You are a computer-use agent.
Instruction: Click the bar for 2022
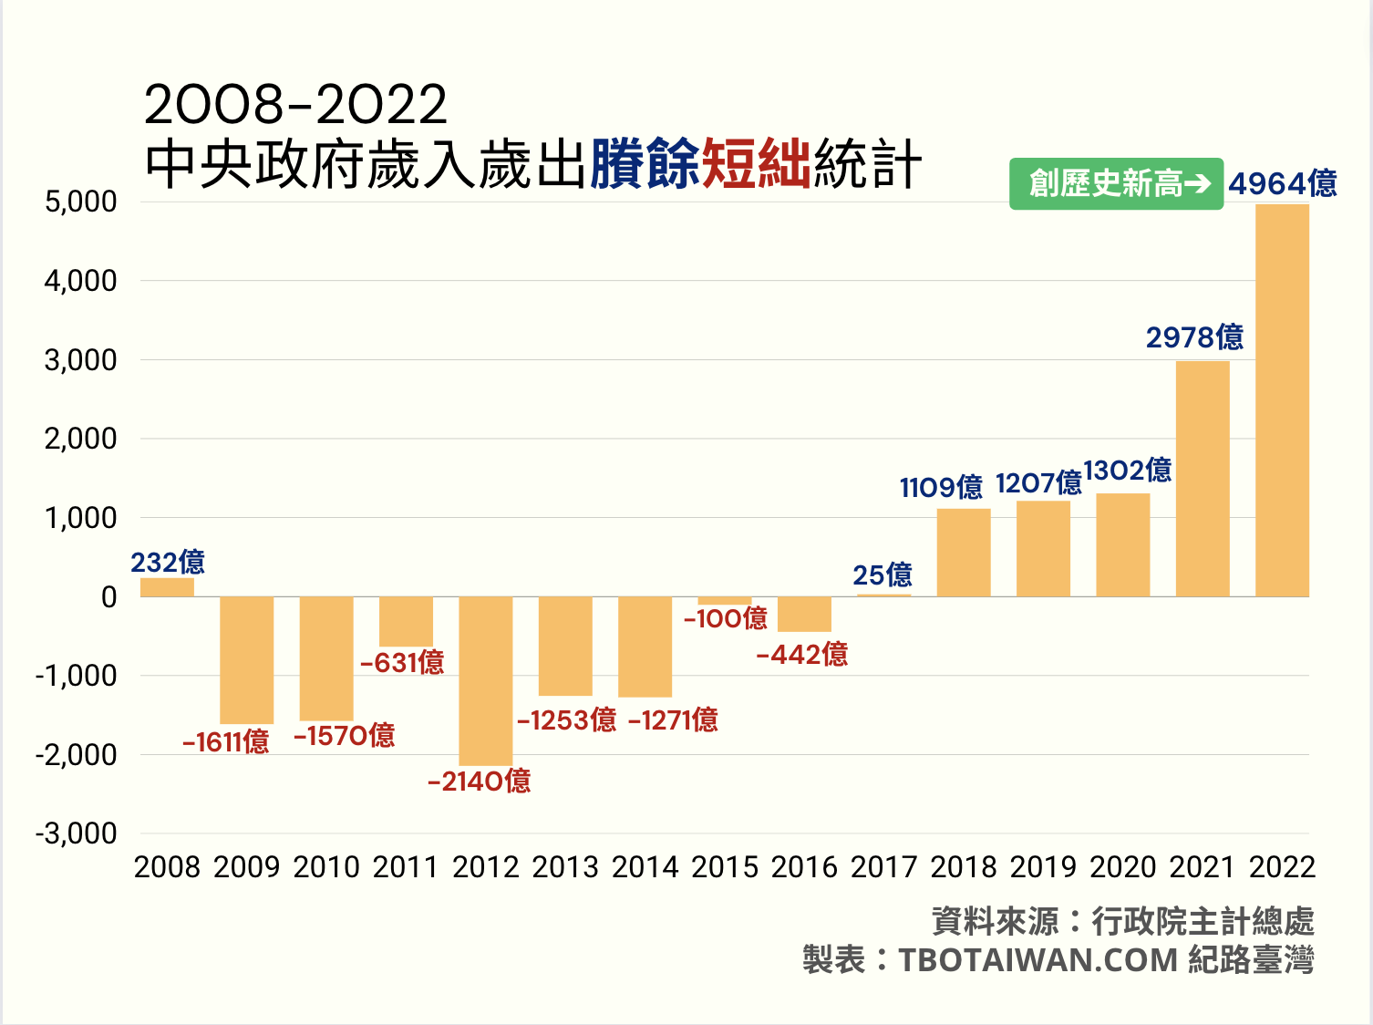[x=1282, y=400]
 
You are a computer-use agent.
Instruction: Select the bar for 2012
[x=485, y=680]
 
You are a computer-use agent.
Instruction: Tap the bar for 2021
[x=1203, y=479]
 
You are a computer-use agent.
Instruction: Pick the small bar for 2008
[x=167, y=587]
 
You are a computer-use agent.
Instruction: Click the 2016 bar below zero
[x=804, y=614]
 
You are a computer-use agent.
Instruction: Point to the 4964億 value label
[x=1282, y=183]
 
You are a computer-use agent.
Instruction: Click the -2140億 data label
[x=480, y=781]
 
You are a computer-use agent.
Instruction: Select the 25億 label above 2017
[x=883, y=575]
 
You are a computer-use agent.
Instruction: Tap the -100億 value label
[x=726, y=618]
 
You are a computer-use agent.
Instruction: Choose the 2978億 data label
[x=1194, y=337]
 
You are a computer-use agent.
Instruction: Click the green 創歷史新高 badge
[x=1116, y=183]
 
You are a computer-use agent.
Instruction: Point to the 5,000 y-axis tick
[x=81, y=202]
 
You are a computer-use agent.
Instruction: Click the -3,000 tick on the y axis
[x=77, y=833]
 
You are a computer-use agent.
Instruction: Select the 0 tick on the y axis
[x=109, y=597]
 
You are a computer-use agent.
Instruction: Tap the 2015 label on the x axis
[x=725, y=866]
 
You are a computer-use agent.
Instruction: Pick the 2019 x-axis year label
[x=1043, y=866]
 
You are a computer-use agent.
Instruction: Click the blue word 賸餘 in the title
[x=645, y=165]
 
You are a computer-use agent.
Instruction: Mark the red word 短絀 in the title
[x=756, y=165]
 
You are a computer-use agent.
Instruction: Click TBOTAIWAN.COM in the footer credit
[x=1038, y=960]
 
